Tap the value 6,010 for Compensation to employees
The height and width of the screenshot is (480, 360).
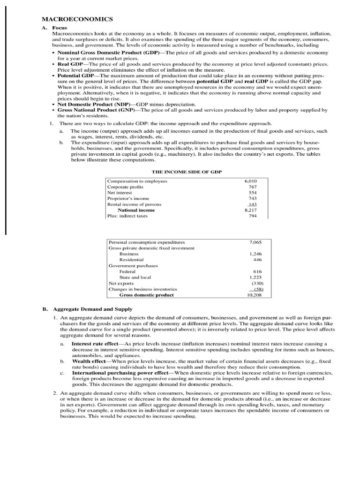click(x=250, y=181)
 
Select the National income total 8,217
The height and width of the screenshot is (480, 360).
click(x=250, y=210)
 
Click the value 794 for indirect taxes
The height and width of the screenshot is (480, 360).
click(x=253, y=216)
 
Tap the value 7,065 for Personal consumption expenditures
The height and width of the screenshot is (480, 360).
click(x=255, y=242)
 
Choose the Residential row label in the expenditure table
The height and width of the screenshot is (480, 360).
click(x=131, y=259)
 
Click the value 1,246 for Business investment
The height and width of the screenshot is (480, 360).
click(x=255, y=254)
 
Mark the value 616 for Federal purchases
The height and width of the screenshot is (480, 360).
click(x=257, y=271)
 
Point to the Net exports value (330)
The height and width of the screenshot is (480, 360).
click(x=256, y=283)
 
